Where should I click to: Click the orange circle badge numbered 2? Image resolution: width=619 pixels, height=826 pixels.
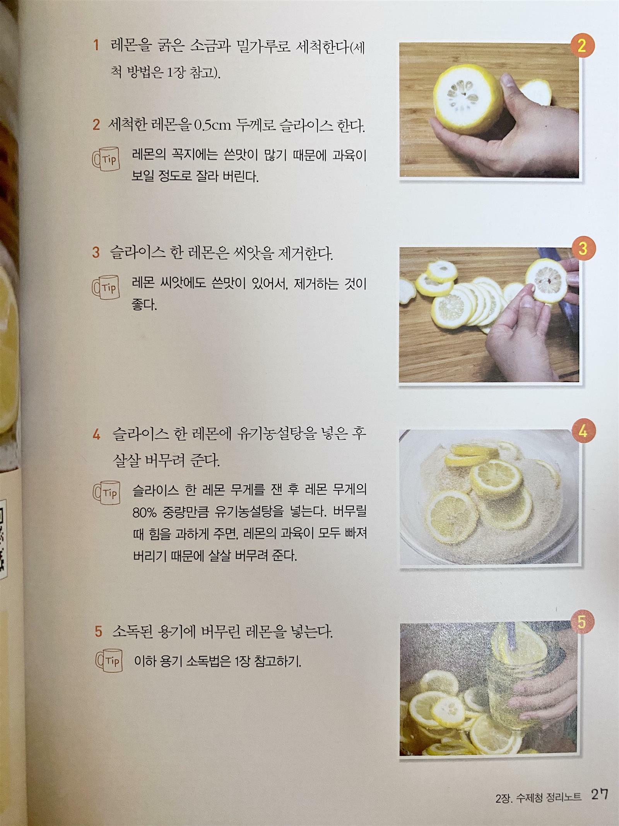(581, 46)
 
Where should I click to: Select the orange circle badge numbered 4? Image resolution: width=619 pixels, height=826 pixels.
(583, 431)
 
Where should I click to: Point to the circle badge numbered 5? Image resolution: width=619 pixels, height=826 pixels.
(581, 622)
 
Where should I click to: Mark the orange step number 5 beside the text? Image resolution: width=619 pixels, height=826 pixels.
(99, 632)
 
